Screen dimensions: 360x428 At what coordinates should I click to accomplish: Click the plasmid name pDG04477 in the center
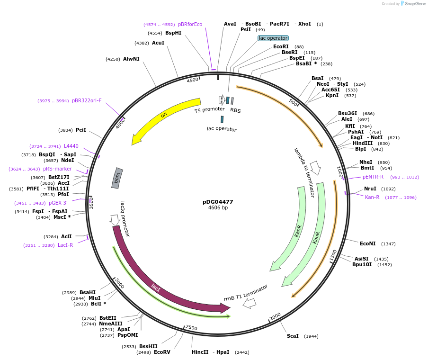click(218, 201)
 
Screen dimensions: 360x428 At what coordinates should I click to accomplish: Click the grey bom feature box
click(117, 178)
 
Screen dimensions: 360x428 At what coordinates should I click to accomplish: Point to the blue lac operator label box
click(273, 38)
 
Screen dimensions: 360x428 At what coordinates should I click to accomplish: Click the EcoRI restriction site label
click(281, 46)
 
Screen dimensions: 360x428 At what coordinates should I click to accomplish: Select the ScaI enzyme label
click(293, 336)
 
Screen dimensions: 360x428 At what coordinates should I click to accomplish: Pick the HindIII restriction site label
click(362, 143)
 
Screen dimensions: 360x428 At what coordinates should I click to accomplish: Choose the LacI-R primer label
click(65, 245)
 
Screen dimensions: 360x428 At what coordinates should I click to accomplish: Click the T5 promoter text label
click(209, 109)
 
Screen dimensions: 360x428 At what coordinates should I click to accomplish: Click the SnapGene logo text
click(415, 4)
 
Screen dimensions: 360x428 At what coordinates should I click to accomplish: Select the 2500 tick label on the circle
click(191, 328)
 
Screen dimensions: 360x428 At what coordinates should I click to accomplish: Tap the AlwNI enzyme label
click(131, 59)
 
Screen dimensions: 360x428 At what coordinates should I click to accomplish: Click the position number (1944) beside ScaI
click(311, 336)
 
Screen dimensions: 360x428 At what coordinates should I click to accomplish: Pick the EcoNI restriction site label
click(367, 243)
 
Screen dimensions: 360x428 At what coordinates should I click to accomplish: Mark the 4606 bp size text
click(218, 207)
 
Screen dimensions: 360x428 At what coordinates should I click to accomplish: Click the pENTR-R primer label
click(373, 177)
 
